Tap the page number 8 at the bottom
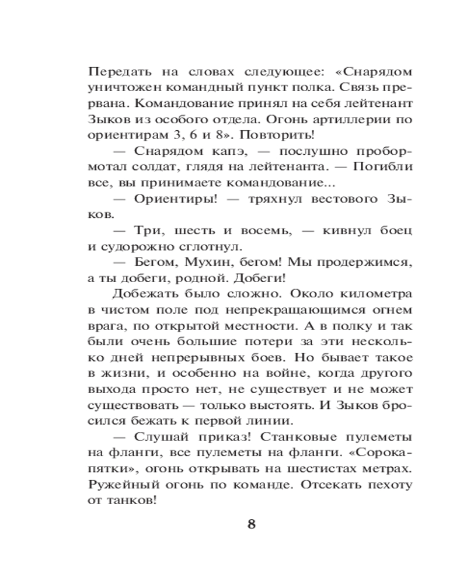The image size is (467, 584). pyautogui.click(x=252, y=524)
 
